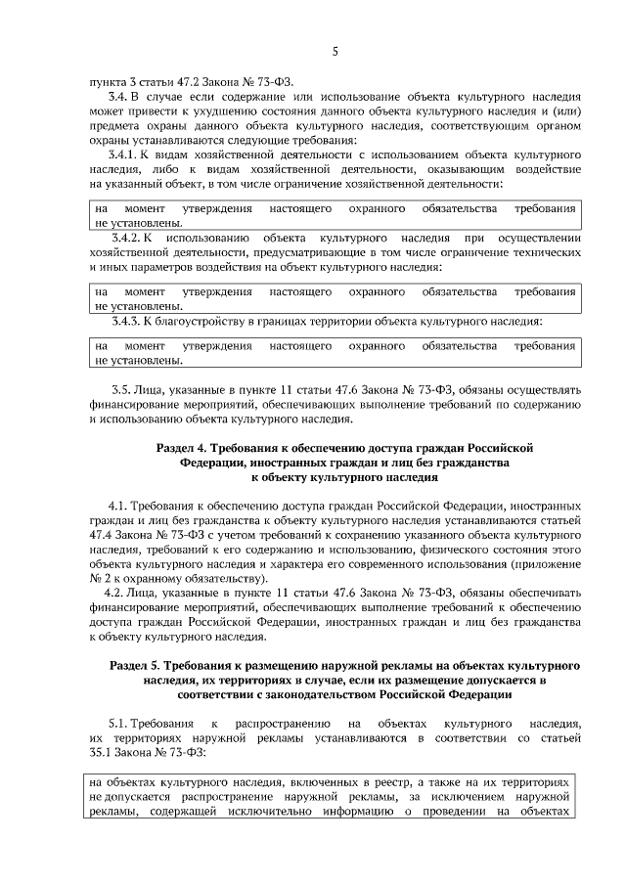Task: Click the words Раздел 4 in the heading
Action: [183, 447]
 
